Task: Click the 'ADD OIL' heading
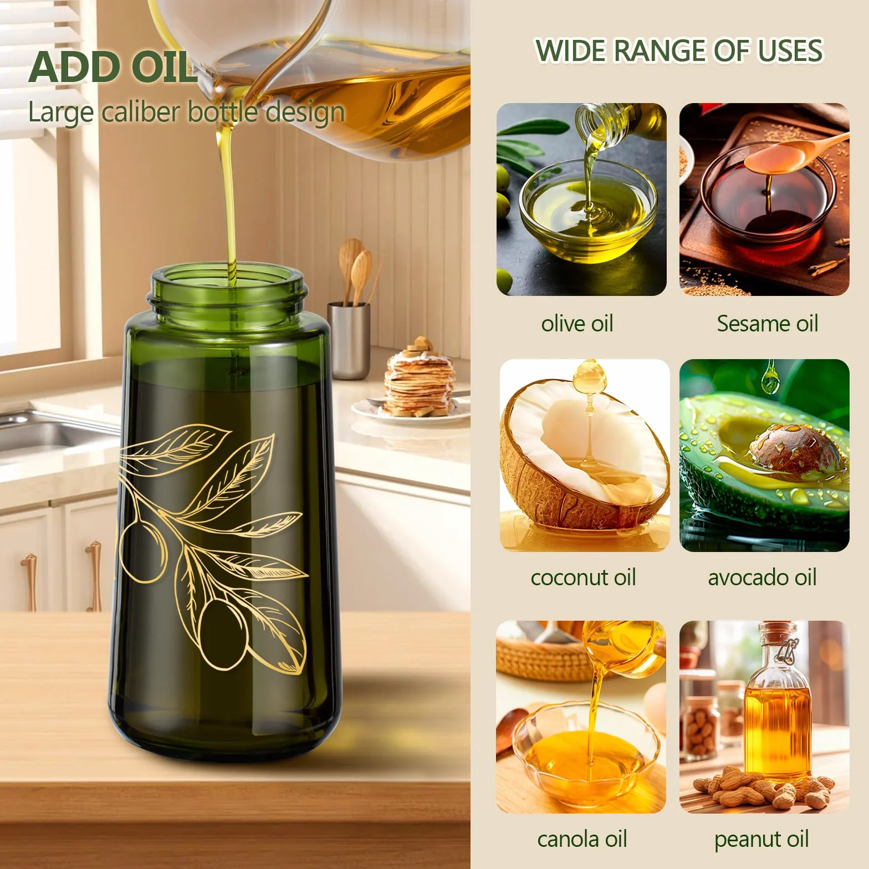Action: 113,66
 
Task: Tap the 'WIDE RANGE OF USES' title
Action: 679,50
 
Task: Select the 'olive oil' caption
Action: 577,323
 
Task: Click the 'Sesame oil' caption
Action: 767,323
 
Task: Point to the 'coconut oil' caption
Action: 583,577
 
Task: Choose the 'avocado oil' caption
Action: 762,577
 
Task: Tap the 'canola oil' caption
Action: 582,839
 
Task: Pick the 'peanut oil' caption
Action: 761,840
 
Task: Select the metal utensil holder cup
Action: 348,340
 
